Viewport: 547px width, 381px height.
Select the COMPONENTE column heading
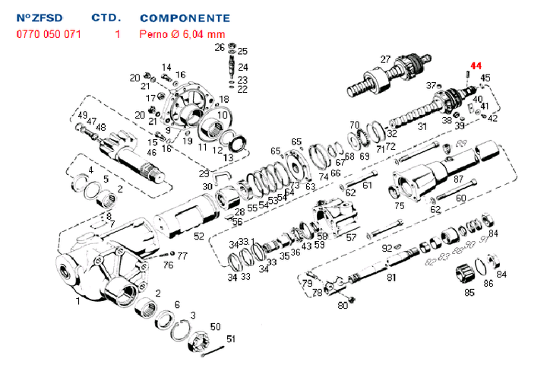tap(185, 17)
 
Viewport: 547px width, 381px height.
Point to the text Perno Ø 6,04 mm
tap(182, 33)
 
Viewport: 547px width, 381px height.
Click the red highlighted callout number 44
tap(476, 66)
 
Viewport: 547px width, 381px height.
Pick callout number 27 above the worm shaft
tap(385, 60)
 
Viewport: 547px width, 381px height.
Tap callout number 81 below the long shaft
tap(391, 278)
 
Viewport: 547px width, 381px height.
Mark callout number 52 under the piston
tap(198, 236)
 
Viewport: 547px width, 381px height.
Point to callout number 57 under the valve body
tap(351, 237)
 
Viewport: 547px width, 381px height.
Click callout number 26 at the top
tap(220, 48)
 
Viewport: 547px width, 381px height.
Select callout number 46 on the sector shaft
tap(152, 153)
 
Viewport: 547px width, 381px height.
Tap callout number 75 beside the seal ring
tap(400, 205)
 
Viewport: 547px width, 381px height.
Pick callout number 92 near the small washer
tap(386, 248)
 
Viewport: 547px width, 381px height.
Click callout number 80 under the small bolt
tap(343, 306)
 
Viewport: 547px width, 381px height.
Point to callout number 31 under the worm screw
tap(422, 126)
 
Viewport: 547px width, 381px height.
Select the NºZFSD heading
tap(38, 17)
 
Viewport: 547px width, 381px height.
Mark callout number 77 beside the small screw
tap(182, 256)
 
